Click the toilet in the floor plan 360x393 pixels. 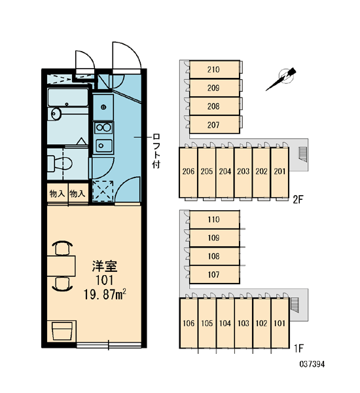click(x=60, y=164)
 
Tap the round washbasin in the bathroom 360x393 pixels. click(x=56, y=114)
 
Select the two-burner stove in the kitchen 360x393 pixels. click(x=103, y=128)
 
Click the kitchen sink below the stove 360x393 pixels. click(x=103, y=145)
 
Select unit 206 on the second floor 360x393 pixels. click(x=189, y=172)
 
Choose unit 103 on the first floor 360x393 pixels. click(x=243, y=323)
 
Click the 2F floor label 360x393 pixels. click(x=298, y=200)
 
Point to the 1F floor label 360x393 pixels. click(x=298, y=348)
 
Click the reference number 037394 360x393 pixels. click(x=312, y=364)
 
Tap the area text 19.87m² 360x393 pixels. click(x=105, y=294)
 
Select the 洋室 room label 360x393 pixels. click(x=105, y=266)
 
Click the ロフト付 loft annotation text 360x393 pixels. click(x=156, y=151)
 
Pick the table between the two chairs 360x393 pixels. click(x=62, y=266)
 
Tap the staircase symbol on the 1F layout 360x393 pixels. click(x=295, y=305)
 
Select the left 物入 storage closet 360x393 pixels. click(x=58, y=193)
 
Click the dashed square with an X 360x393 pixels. click(x=103, y=191)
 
